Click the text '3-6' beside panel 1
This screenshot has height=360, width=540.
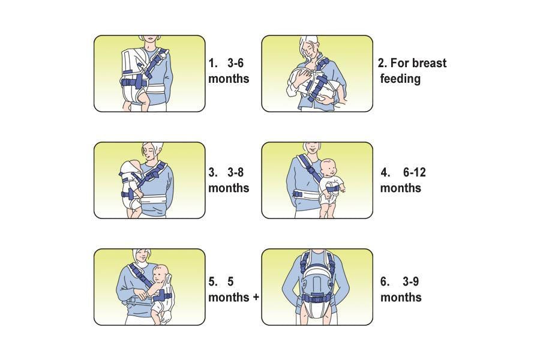point(235,63)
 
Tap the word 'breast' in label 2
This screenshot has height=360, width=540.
point(429,63)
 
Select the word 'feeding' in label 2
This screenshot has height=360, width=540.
point(400,79)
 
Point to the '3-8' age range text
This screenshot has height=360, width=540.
point(235,172)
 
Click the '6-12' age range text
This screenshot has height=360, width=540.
point(414,172)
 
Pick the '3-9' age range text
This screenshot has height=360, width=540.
point(411,282)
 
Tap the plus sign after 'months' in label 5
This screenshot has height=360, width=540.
point(256,297)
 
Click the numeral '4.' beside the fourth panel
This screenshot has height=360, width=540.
point(385,172)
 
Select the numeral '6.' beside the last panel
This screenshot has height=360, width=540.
point(385,282)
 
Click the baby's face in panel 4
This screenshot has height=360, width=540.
point(329,169)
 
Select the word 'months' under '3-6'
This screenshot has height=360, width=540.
point(229,79)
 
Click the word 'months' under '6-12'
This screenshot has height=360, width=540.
point(401,188)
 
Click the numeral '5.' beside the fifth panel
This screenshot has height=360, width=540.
point(213,282)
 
